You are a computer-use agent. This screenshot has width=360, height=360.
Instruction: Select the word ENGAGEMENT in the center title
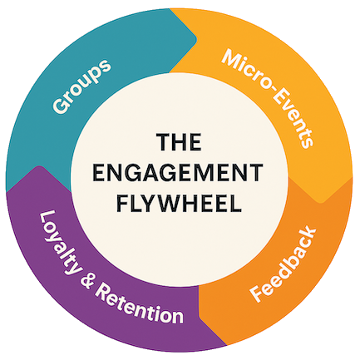(x=180, y=173)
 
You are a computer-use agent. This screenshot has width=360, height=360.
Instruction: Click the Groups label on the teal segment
(x=83, y=86)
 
